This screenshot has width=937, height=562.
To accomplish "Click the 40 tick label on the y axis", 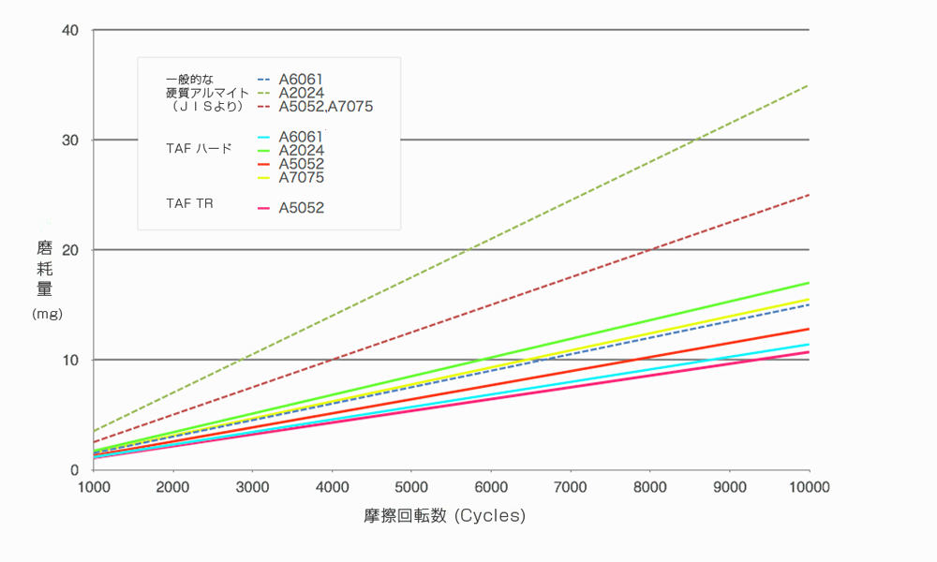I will click(71, 30).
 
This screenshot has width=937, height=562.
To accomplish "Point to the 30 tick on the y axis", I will click(71, 140).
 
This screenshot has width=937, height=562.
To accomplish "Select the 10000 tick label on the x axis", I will click(809, 487).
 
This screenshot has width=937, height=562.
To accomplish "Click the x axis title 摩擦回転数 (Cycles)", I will click(445, 515).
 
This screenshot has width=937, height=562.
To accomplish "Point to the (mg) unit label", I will click(47, 314).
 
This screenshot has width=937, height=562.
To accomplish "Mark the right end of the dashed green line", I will click(808, 85).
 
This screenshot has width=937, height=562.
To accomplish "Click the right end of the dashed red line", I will click(808, 195).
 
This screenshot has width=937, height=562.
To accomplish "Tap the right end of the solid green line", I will click(808, 283).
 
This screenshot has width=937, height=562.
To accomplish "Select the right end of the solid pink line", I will click(808, 352).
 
